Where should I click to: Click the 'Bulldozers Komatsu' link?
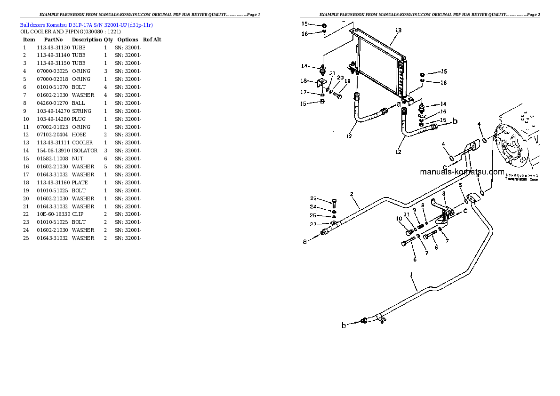pyautogui.click(x=43, y=24)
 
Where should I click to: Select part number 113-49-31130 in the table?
pyautogui.click(x=53, y=48)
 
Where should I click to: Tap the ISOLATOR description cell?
pyautogui.click(x=85, y=150)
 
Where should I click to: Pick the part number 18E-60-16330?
pyautogui.click(x=53, y=214)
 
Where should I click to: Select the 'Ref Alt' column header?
pyautogui.click(x=152, y=40)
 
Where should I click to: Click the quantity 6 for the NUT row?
pyautogui.click(x=105, y=158)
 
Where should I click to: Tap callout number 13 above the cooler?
pyautogui.click(x=398, y=30)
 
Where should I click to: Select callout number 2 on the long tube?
pyautogui.click(x=351, y=194)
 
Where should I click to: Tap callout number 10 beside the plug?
pyautogui.click(x=399, y=218)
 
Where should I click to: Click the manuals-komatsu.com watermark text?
pyautogui.click(x=462, y=172)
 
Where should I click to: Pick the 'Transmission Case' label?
pyautogui.click(x=521, y=179)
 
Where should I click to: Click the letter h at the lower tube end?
pyautogui.click(x=344, y=325)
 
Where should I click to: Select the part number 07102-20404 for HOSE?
pyautogui.click(x=53, y=135)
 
